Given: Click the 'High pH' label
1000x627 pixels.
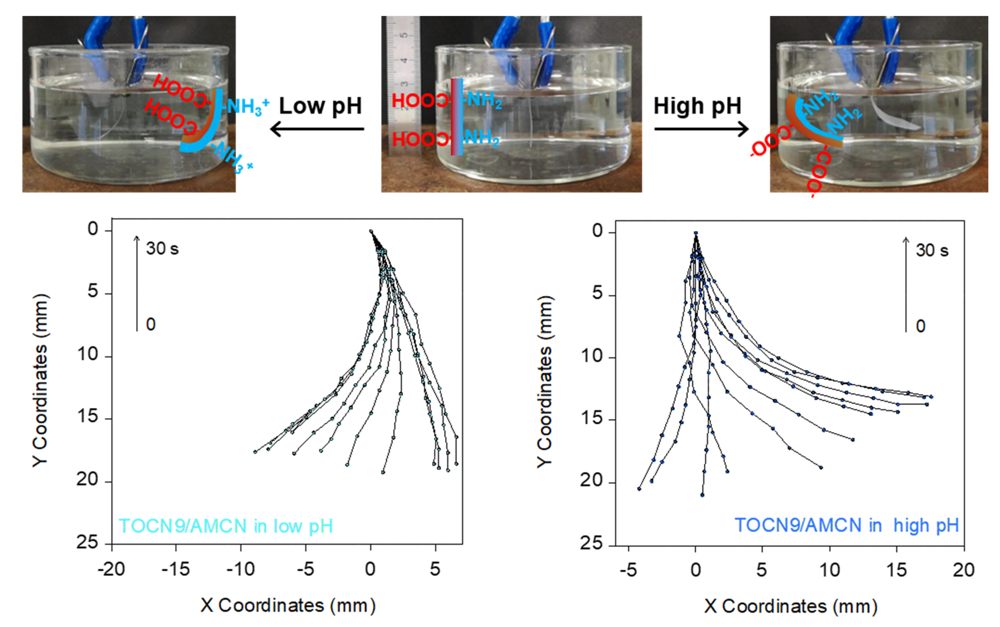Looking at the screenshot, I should pos(697,106).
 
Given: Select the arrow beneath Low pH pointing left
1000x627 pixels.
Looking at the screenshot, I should pos(317,129).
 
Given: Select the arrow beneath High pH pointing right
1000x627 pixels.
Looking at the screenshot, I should pos(701,129).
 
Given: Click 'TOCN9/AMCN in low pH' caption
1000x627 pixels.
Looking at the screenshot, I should pos(226,526).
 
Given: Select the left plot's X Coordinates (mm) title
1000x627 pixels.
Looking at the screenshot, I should pos(288,606).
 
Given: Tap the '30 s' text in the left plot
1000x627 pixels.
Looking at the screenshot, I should pos(162,249).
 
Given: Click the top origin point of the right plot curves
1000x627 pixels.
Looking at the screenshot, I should pos(696,233).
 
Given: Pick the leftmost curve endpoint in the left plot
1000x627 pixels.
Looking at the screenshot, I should pos(255,452).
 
